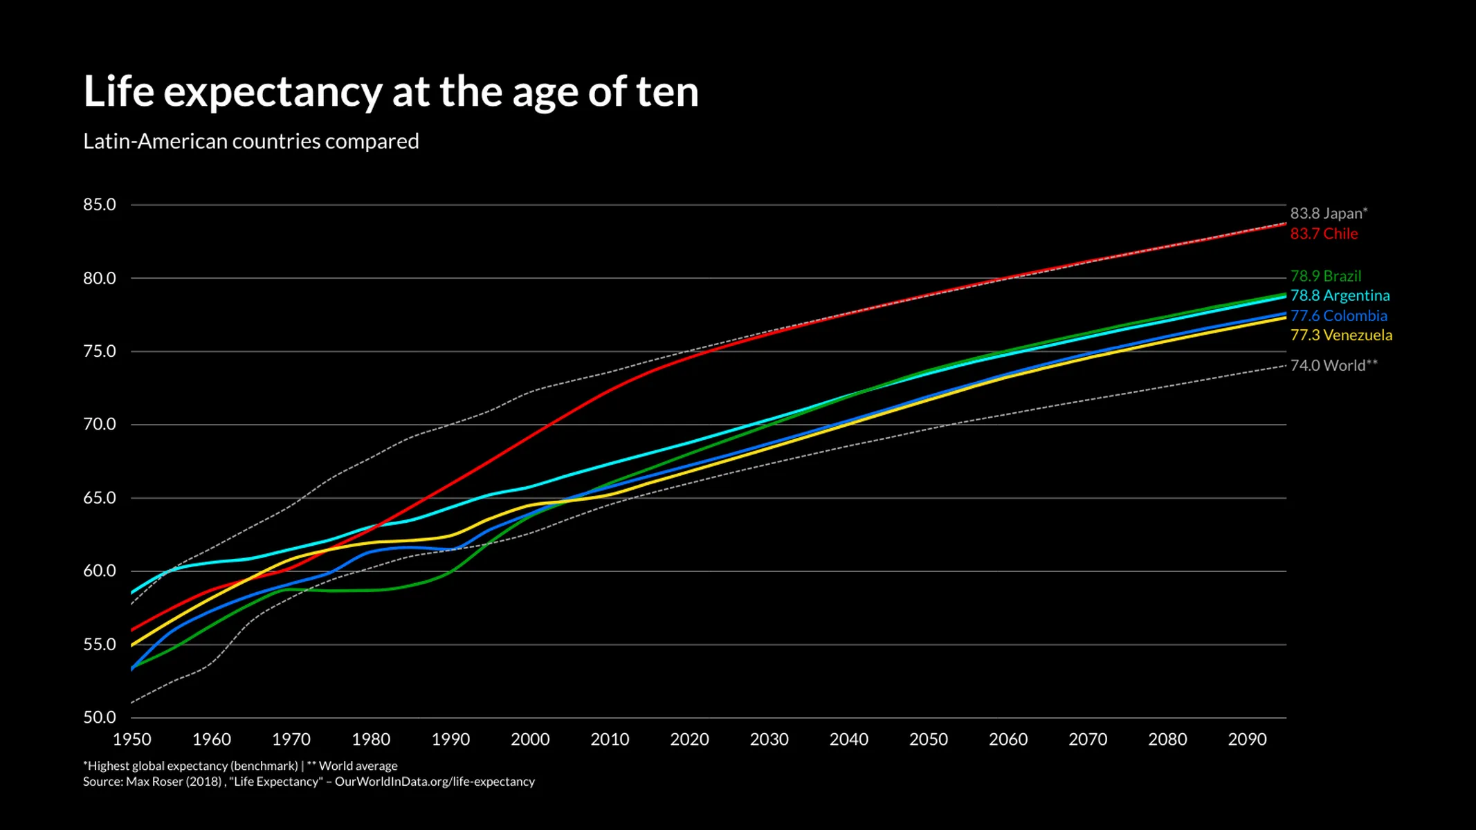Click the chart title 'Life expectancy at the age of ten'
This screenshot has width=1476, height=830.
pyautogui.click(x=391, y=92)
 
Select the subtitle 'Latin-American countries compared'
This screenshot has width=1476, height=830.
pyautogui.click(x=250, y=141)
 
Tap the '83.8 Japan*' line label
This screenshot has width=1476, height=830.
pyautogui.click(x=1328, y=213)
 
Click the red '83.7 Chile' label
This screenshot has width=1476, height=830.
pyautogui.click(x=1323, y=234)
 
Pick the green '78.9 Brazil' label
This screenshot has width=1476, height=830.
pyautogui.click(x=1325, y=276)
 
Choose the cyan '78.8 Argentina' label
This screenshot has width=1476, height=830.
pyautogui.click(x=1339, y=295)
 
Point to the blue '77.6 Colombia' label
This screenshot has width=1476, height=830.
pyautogui.click(x=1338, y=315)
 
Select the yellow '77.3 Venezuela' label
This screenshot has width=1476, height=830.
pyautogui.click(x=1340, y=335)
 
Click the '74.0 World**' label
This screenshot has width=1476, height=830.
pyautogui.click(x=1333, y=365)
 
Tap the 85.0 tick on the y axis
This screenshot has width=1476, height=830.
pyautogui.click(x=100, y=205)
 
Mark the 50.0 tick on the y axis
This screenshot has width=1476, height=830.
pyautogui.click(x=100, y=717)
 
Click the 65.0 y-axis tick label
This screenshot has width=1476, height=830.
pyautogui.click(x=100, y=498)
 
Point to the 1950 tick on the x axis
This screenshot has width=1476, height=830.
pyautogui.click(x=131, y=739)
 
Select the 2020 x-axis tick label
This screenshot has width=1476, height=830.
pyautogui.click(x=689, y=739)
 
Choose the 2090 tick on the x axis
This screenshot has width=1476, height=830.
pyautogui.click(x=1247, y=739)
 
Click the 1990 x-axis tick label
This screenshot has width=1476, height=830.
pyautogui.click(x=450, y=739)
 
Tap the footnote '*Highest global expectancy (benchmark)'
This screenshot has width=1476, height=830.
pyautogui.click(x=190, y=766)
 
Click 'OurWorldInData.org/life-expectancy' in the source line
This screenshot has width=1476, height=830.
pyautogui.click(x=435, y=782)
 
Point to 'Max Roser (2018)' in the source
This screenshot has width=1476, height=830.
pyautogui.click(x=173, y=782)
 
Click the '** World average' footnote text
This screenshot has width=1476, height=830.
pyautogui.click(x=352, y=766)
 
